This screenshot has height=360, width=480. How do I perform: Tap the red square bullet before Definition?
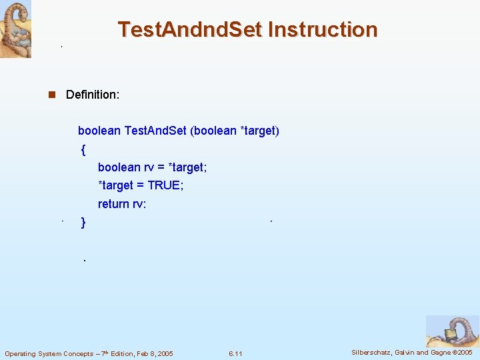coord(51,95)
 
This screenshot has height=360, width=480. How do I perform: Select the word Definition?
coord(93,95)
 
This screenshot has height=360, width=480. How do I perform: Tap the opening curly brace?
coord(83,150)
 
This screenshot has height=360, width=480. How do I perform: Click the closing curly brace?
coord(83,223)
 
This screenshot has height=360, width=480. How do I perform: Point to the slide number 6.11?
coord(235,353)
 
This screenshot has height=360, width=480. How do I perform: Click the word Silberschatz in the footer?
coord(372,352)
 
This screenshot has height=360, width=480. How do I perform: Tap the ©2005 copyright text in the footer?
coord(461,352)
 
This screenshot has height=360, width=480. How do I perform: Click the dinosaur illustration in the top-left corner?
coord(15,29)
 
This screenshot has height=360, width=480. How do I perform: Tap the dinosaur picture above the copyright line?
coord(452,331)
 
